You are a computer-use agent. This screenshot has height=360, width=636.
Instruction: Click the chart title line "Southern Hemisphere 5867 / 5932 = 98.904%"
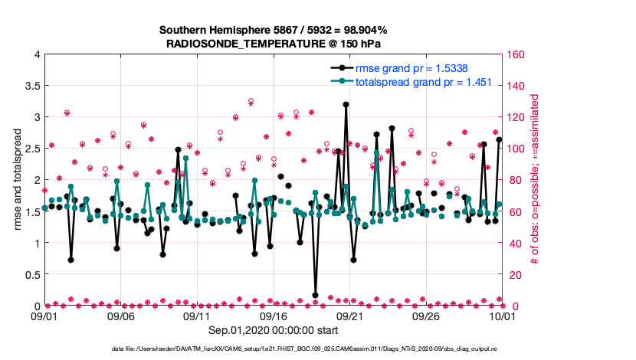273,30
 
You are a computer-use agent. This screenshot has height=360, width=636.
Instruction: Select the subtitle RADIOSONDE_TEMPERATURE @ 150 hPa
273,44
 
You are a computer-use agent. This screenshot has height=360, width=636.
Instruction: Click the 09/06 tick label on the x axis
121,316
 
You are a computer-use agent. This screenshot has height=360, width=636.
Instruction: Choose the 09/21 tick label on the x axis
349,316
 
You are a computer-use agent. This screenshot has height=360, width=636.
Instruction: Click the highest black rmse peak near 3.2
346,104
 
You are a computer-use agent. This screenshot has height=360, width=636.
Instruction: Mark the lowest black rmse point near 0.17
316,295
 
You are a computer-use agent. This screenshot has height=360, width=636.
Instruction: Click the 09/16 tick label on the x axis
274,316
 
